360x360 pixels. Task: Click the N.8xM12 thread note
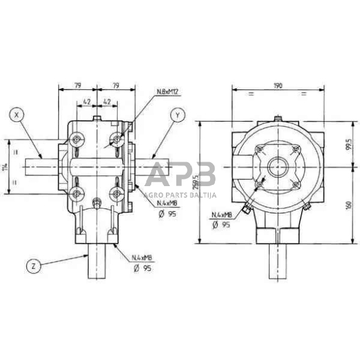pyautogui.click(x=166, y=92)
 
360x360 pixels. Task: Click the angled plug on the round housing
pyautogui.click(x=246, y=210)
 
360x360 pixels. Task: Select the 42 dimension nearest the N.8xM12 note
pyautogui.click(x=106, y=102)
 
